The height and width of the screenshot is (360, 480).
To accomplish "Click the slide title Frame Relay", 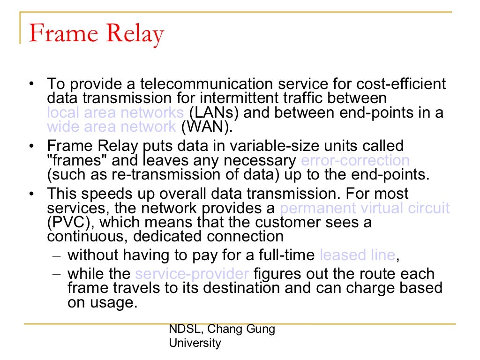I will pos(97,34).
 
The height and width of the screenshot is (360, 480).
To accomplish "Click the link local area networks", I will pos(115,113).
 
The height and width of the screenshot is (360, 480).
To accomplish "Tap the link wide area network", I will pos(112,127).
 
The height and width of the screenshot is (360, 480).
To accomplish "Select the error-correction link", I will pos(355,160).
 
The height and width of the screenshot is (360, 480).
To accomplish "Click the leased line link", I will pos(357,255).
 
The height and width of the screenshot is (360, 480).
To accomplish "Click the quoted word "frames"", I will pos(78,160).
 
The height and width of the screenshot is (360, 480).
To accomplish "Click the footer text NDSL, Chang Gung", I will pos(222,329).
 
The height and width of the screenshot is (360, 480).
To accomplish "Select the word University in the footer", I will pos(195,343).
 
